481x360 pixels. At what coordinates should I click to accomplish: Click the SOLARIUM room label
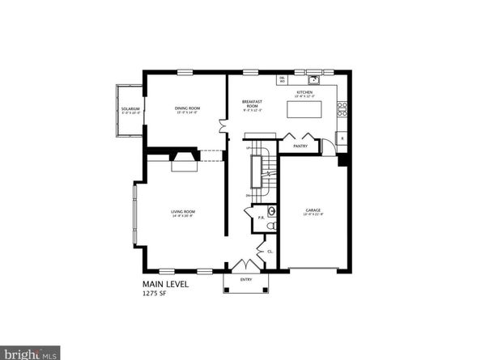point(130,108)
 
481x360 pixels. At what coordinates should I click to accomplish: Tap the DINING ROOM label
point(187,108)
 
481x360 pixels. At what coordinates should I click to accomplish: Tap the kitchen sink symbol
point(313,79)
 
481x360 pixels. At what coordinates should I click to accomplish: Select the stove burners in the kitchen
point(343,106)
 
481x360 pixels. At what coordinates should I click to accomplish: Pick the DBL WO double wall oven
point(282,80)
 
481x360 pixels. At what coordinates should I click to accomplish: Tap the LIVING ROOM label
point(182,213)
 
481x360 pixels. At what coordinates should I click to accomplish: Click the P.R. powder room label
point(261,217)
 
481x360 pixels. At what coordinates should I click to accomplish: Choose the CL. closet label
point(269,252)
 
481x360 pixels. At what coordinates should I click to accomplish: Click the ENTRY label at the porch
point(246,280)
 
